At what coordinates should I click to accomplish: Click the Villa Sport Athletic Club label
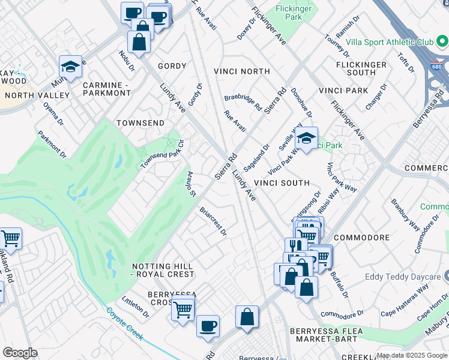(x=390, y=43)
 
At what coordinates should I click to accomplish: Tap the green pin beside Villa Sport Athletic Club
(x=442, y=42)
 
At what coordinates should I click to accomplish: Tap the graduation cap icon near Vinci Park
(x=306, y=139)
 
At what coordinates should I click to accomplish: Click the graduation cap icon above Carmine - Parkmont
(x=70, y=67)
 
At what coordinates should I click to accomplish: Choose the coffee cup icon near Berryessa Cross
(x=208, y=326)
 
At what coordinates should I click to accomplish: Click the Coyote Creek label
(x=125, y=325)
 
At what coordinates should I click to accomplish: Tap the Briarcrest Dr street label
(x=213, y=221)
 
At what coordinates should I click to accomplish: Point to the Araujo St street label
(x=190, y=183)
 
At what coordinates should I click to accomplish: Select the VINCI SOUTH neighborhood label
(x=282, y=183)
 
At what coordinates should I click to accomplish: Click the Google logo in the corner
(x=20, y=353)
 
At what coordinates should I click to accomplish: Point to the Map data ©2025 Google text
(x=412, y=356)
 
